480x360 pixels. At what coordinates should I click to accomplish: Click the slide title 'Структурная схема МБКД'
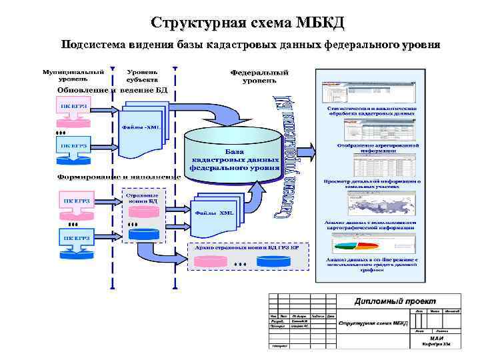tap(248, 23)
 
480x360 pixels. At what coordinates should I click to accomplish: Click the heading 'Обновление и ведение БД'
tap(112, 90)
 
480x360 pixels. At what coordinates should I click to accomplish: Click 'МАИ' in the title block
tap(437, 337)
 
